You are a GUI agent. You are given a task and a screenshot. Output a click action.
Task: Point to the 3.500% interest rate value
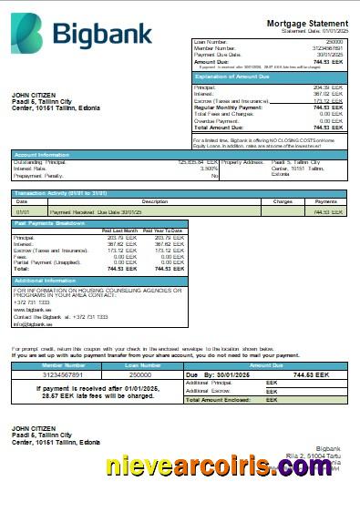(209, 168)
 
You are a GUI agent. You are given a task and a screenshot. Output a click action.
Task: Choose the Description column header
(155, 200)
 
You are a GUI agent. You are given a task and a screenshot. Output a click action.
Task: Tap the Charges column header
(283, 200)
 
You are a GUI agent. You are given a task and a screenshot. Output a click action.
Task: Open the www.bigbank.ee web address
(33, 310)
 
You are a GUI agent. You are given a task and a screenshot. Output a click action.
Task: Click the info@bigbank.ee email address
(34, 323)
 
